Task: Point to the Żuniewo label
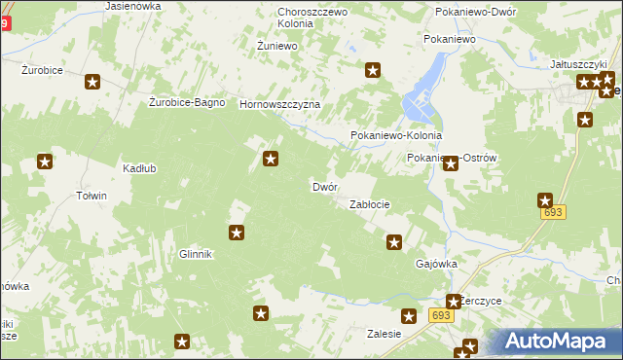point(275,46)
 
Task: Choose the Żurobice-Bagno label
point(187,102)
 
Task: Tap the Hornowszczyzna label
point(279,104)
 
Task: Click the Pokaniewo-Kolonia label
point(395,136)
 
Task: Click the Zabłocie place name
point(370,204)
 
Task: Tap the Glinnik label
point(195,254)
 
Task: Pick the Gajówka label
point(436,264)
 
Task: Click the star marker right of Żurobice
point(92,84)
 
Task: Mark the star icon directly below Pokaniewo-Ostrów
point(451,164)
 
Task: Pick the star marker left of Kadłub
point(45,162)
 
